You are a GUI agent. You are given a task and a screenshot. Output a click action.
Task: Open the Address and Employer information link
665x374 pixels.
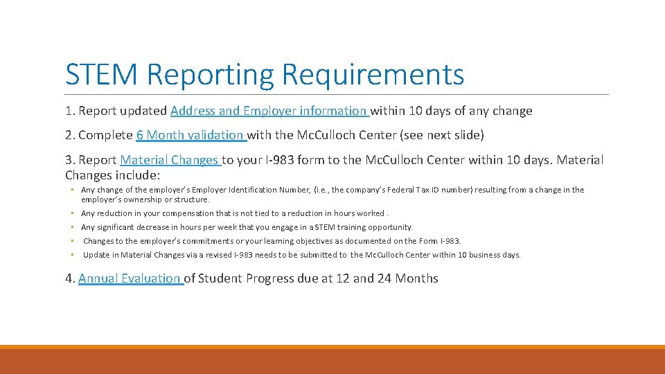point(269,111)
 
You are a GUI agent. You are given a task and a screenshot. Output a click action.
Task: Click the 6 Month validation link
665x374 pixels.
point(190,135)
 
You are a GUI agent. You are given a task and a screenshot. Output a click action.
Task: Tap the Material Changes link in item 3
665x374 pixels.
point(169,160)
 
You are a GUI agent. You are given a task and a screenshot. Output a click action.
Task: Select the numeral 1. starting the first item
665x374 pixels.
point(70,111)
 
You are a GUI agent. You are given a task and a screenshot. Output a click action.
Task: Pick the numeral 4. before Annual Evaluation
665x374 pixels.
point(70,278)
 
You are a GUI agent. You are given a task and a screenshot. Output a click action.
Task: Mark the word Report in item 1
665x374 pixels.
point(98,111)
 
